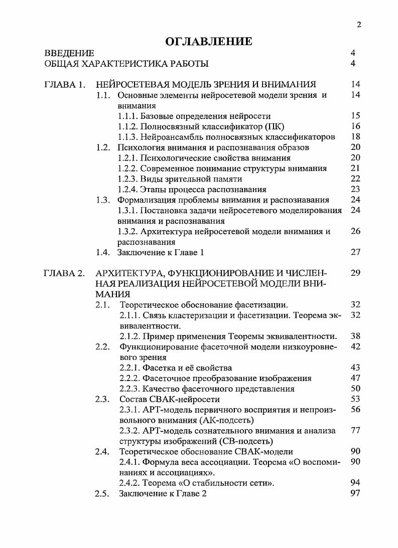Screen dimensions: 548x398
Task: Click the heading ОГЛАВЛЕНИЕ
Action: click(x=208, y=41)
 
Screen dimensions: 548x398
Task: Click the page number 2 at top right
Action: click(x=359, y=25)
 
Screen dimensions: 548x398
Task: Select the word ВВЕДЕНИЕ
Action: click(x=69, y=53)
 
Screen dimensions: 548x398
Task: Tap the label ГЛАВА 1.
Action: click(x=64, y=84)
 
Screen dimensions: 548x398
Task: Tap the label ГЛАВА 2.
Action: click(x=64, y=273)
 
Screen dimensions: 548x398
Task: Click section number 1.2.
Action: click(x=102, y=147)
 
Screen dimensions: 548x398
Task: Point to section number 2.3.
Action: click(x=102, y=399)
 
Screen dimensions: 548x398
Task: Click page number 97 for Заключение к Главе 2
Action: click(x=355, y=493)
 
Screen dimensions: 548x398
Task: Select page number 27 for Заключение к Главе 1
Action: click(x=355, y=252)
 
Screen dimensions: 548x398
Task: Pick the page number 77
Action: click(x=355, y=431)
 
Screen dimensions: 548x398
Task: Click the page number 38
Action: click(x=355, y=336)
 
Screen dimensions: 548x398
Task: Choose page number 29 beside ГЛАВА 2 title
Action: click(x=355, y=273)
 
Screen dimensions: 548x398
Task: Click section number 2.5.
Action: click(x=102, y=493)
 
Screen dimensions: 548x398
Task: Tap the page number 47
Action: click(x=355, y=378)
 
